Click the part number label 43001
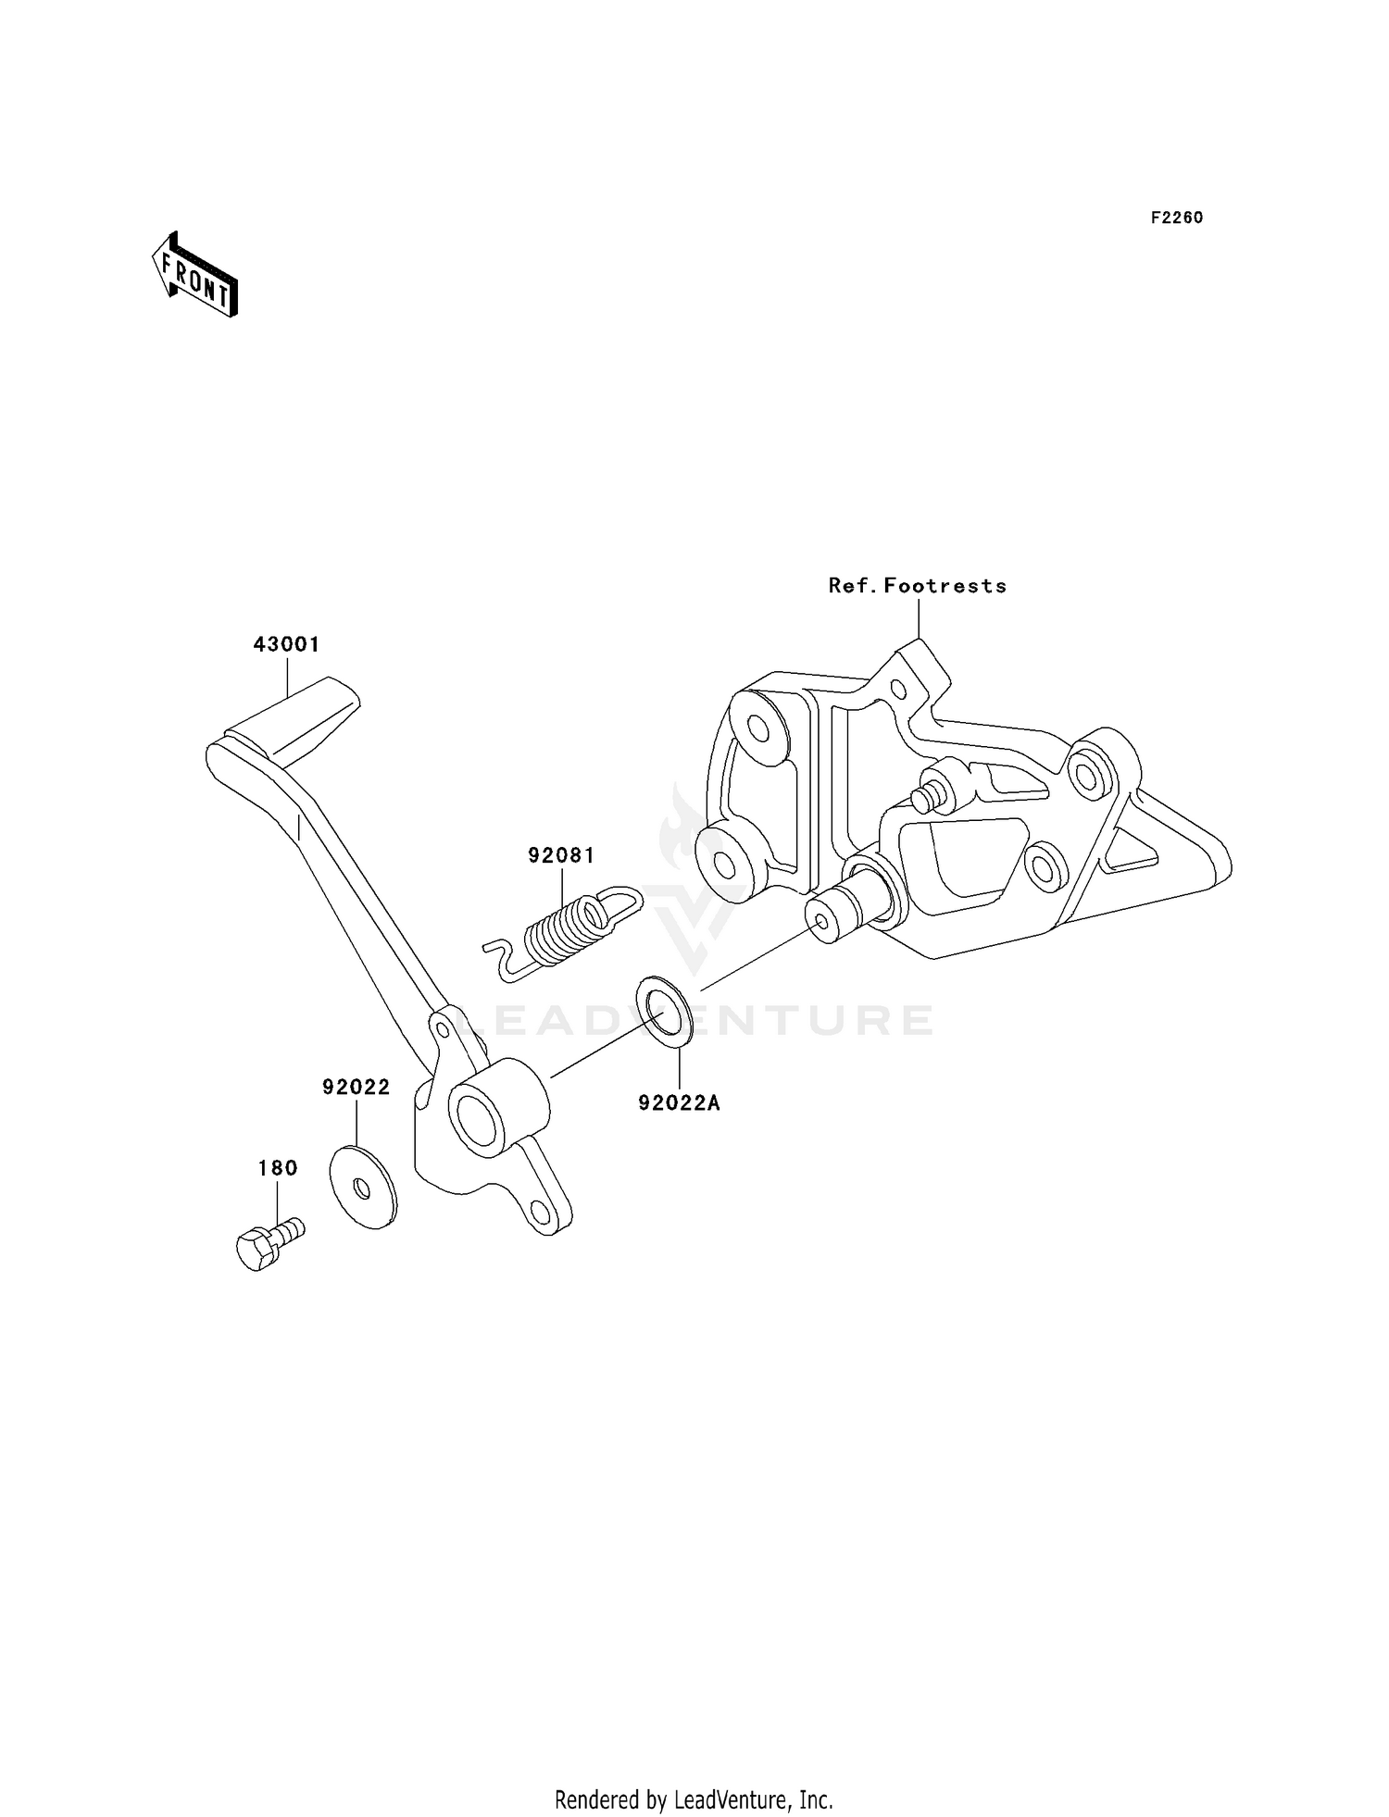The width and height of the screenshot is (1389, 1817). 287,644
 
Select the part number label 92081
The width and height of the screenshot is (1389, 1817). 561,855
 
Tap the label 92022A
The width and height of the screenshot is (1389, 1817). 679,1103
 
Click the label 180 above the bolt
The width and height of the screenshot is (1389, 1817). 278,1168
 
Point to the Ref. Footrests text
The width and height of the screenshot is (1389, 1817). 917,585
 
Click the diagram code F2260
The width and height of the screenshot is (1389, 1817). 1177,218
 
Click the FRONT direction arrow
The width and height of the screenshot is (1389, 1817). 195,277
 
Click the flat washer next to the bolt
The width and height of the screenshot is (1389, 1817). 363,1188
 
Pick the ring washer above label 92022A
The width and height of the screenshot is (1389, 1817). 665,1011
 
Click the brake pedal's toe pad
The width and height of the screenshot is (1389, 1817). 306,722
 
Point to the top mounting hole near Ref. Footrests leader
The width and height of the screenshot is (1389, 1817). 897,689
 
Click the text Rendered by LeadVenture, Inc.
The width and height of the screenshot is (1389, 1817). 694,1799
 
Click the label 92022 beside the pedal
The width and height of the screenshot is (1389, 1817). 357,1087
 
